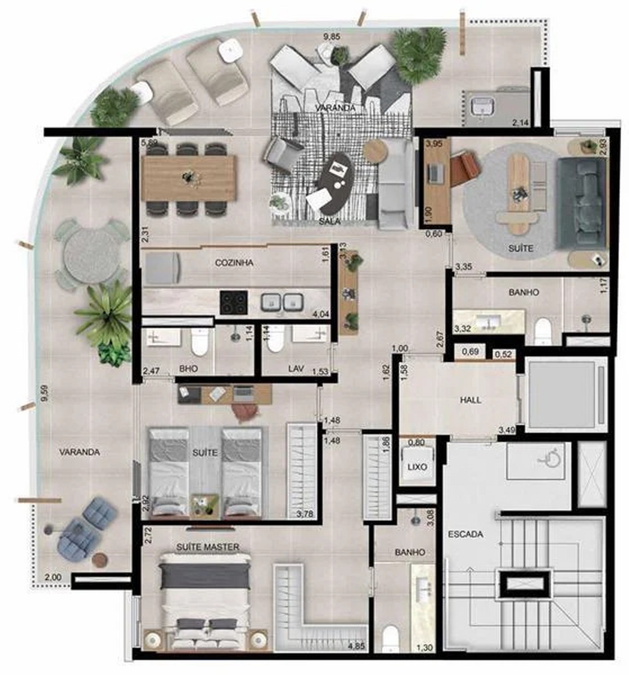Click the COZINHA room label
point(234,263)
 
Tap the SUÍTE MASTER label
point(208,547)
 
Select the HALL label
point(470,400)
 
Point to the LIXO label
point(417,467)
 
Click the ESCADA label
point(465,534)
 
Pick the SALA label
point(330,221)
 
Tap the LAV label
point(296,368)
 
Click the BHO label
point(188,369)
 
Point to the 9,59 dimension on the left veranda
point(43,394)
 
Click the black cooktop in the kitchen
point(233,302)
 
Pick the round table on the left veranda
point(92,254)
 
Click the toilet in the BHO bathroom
point(200,341)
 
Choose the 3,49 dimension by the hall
point(506,430)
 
